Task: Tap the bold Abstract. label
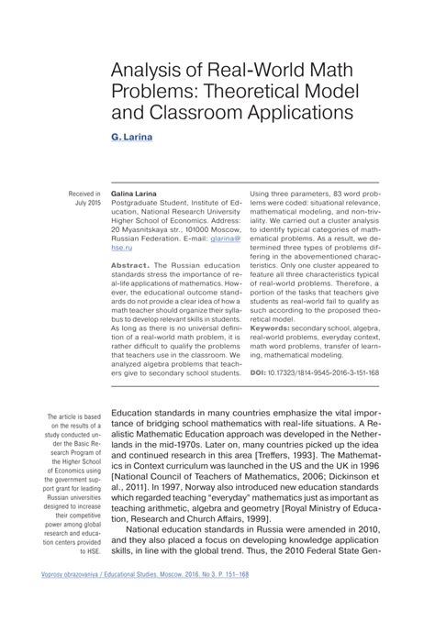[x=129, y=264]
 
